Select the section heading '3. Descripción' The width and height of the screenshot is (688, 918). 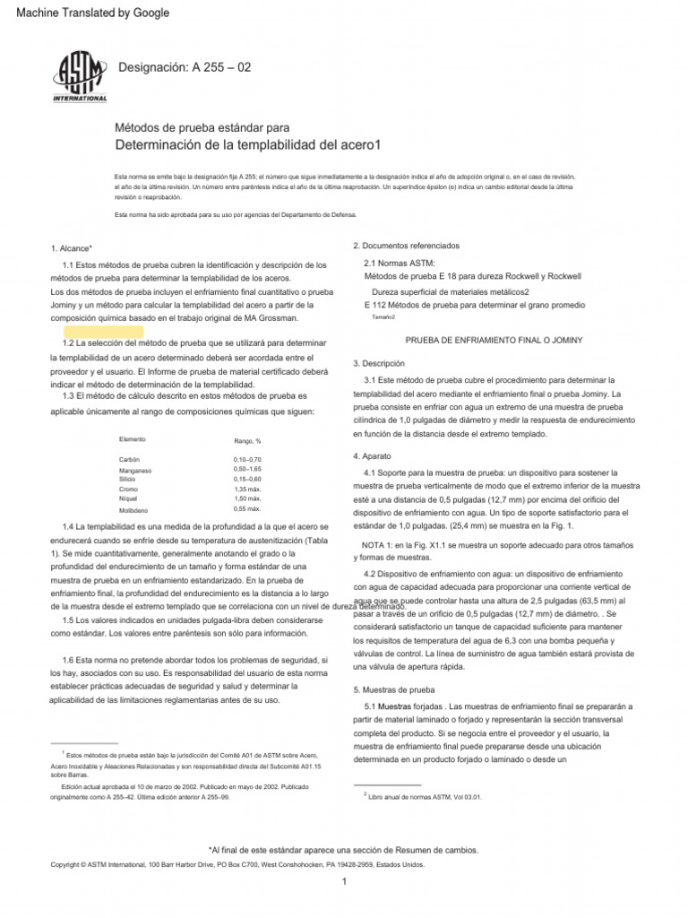379,363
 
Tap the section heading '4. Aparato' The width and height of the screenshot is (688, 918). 373,456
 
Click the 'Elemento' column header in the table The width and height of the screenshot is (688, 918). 133,439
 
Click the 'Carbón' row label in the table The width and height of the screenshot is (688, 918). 130,459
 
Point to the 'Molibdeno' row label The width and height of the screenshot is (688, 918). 134,509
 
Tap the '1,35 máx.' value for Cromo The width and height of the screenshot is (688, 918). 246,489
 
